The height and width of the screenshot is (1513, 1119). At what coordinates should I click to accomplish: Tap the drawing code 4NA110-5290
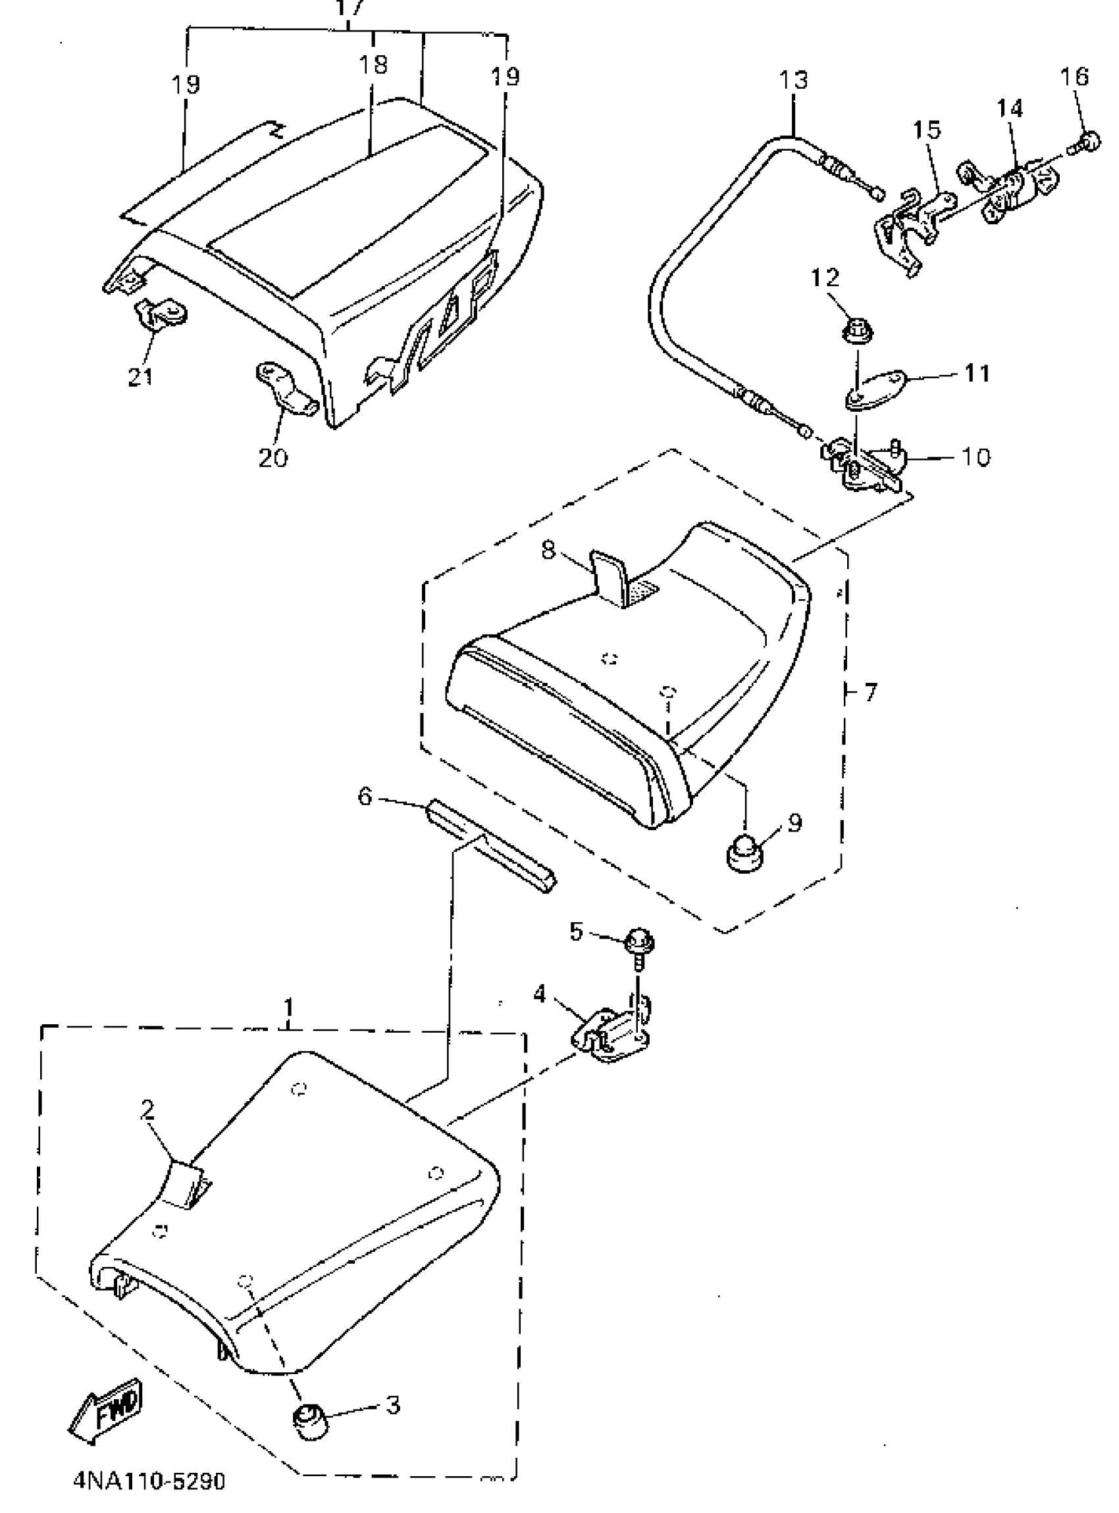pos(149,1481)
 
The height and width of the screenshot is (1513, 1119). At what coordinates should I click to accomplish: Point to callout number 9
pos(794,822)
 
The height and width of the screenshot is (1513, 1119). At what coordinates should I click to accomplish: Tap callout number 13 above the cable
pos(793,80)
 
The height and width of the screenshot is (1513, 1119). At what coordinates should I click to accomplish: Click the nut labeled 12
pos(858,332)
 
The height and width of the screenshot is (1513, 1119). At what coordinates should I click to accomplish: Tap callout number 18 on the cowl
pos(373,65)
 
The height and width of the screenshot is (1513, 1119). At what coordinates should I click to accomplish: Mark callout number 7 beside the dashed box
pos(870,692)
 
